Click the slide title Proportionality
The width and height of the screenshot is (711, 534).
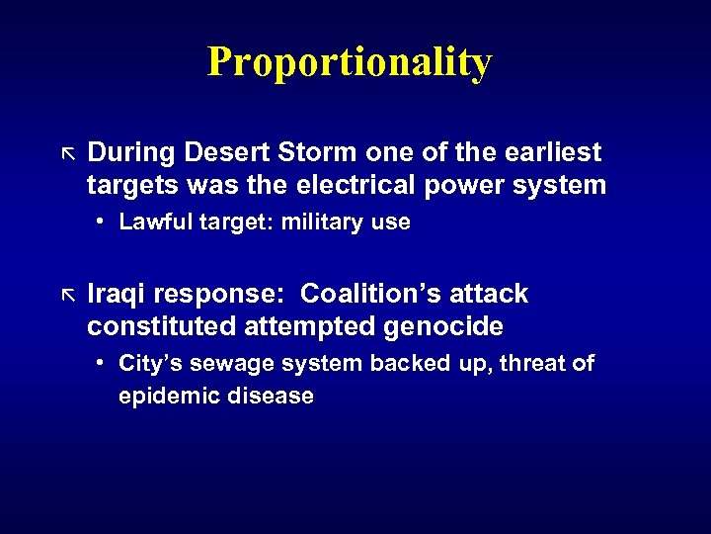[x=349, y=62]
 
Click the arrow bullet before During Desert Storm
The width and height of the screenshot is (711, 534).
[x=68, y=153]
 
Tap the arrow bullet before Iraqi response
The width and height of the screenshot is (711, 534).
[x=68, y=295]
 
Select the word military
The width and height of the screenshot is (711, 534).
[x=324, y=222]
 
